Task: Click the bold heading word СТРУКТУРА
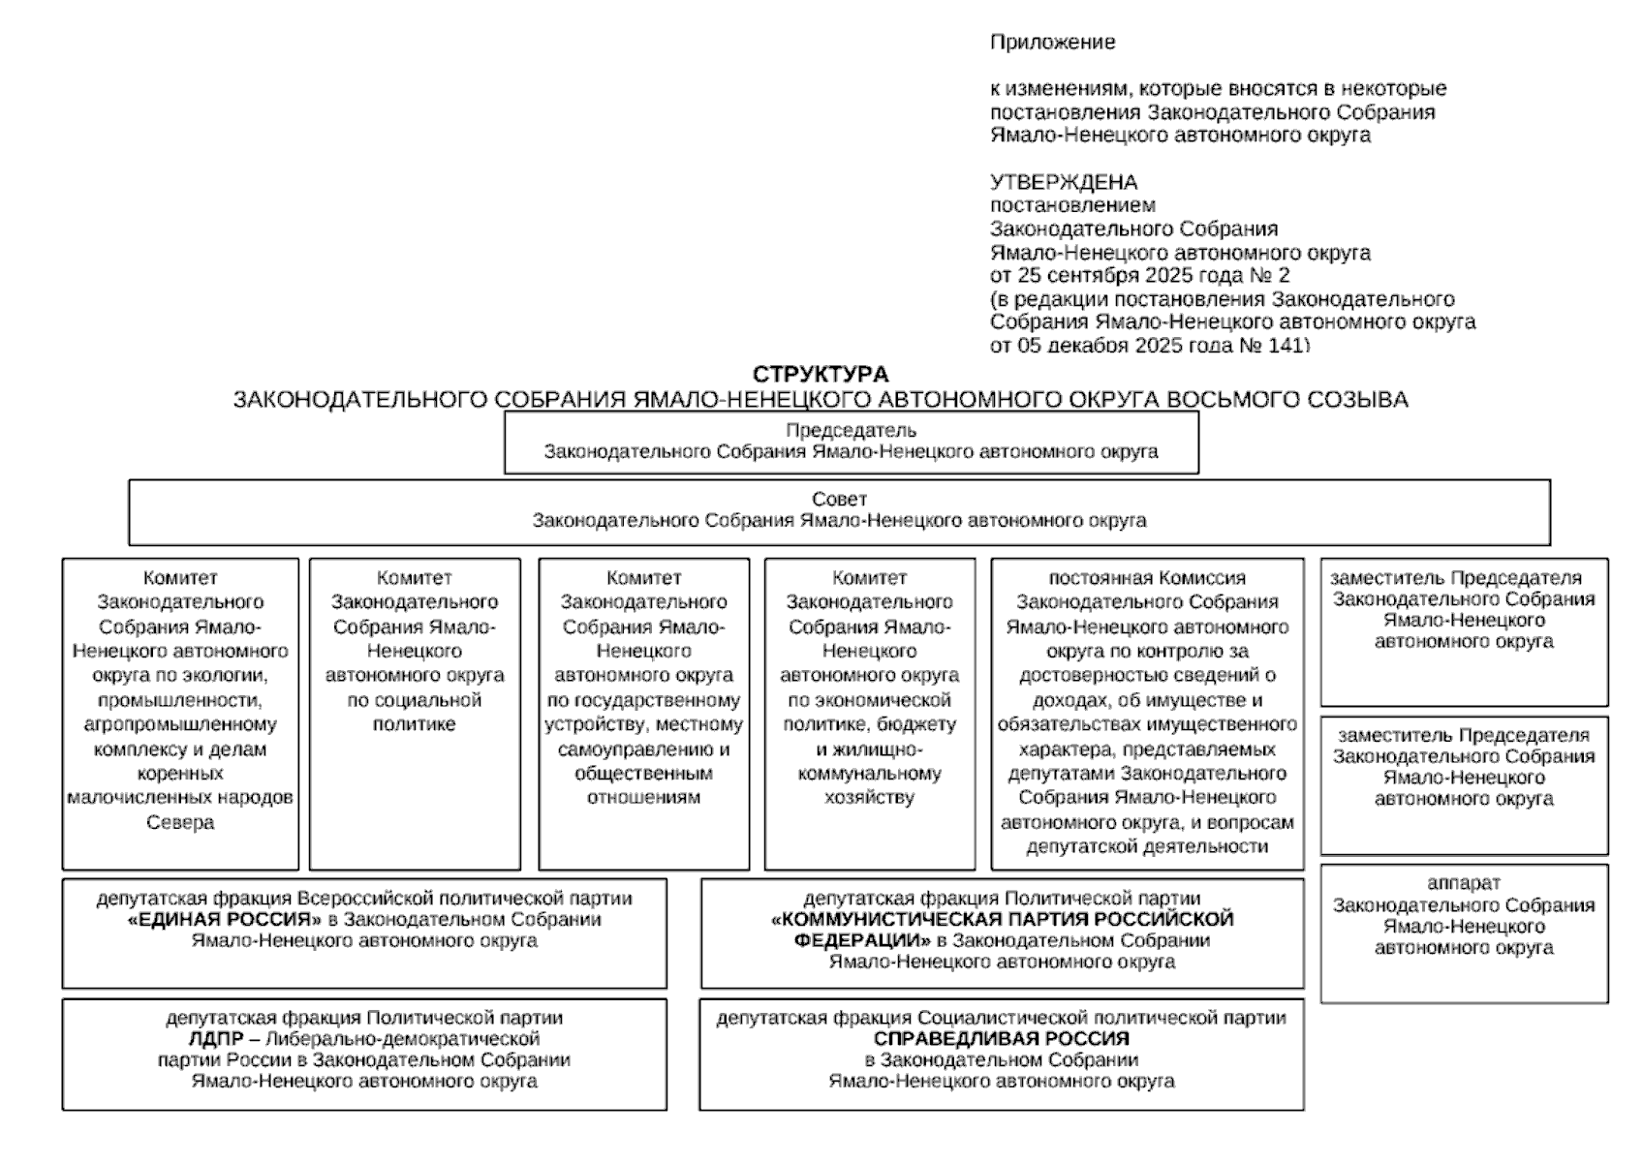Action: [820, 375]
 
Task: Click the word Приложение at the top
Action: [1052, 43]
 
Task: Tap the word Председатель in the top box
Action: [851, 430]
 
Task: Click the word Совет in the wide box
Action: [839, 499]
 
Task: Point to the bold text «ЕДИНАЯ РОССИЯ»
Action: [224, 920]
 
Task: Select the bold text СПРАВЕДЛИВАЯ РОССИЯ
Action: [1001, 1039]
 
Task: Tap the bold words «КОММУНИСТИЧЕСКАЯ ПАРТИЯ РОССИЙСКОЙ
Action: [1002, 919]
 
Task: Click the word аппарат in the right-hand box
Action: [1463, 883]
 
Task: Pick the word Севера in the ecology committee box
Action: [180, 822]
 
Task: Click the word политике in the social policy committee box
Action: [414, 724]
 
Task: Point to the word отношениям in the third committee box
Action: [643, 798]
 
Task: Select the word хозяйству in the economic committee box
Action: [869, 798]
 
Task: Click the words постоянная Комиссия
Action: [1146, 578]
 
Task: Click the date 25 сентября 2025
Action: [1100, 275]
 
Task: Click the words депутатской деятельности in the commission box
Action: [1146, 846]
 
